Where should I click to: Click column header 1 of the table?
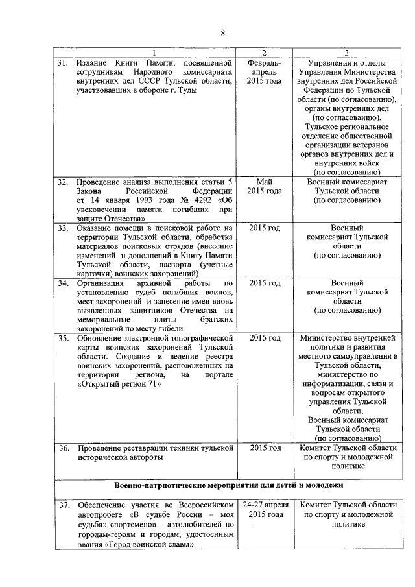coord(153,53)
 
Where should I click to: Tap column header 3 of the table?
coord(346,53)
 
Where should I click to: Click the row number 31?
coord(64,62)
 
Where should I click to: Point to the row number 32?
coord(64,182)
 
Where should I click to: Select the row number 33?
coord(64,228)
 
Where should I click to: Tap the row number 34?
coord(64,283)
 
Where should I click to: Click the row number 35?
coord(64,338)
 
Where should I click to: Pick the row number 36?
coord(64,448)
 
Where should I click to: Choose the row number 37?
coord(64,504)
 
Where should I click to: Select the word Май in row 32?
coord(264,182)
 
